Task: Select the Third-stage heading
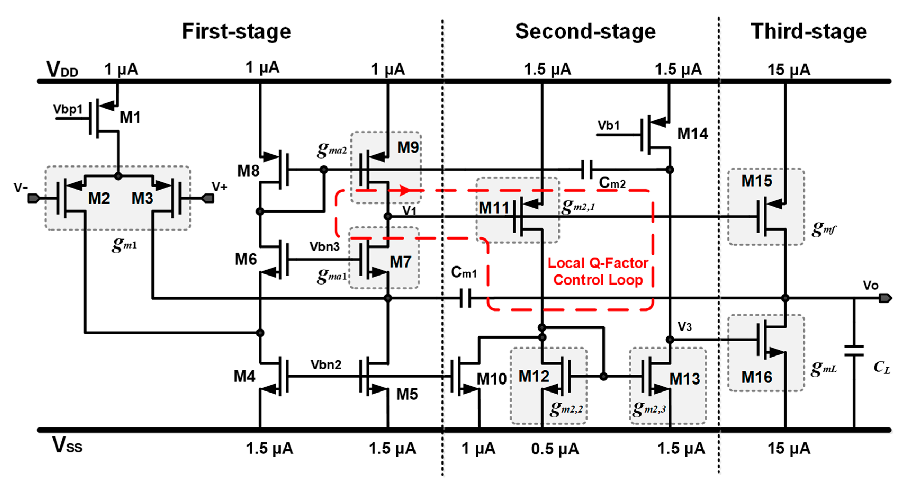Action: coord(808,31)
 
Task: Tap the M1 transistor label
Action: coord(130,117)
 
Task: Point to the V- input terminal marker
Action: coord(33,198)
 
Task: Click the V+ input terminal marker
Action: coord(208,198)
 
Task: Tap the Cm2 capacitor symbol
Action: coord(587,170)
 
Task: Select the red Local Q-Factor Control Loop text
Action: coord(598,271)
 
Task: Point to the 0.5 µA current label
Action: coord(555,449)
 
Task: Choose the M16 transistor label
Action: coord(757,377)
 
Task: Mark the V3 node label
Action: coord(684,327)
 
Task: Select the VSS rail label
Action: coord(67,445)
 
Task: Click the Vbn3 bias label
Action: coord(324,246)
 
